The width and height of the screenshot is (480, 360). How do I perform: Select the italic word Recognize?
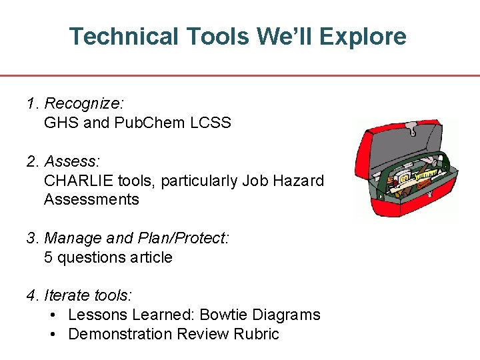point(83,104)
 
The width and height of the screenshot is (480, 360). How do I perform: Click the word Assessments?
point(91,200)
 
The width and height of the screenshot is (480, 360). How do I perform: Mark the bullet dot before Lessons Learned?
point(55,315)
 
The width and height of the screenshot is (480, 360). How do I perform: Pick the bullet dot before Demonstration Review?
point(55,334)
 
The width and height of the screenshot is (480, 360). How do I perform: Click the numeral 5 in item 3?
point(48,257)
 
